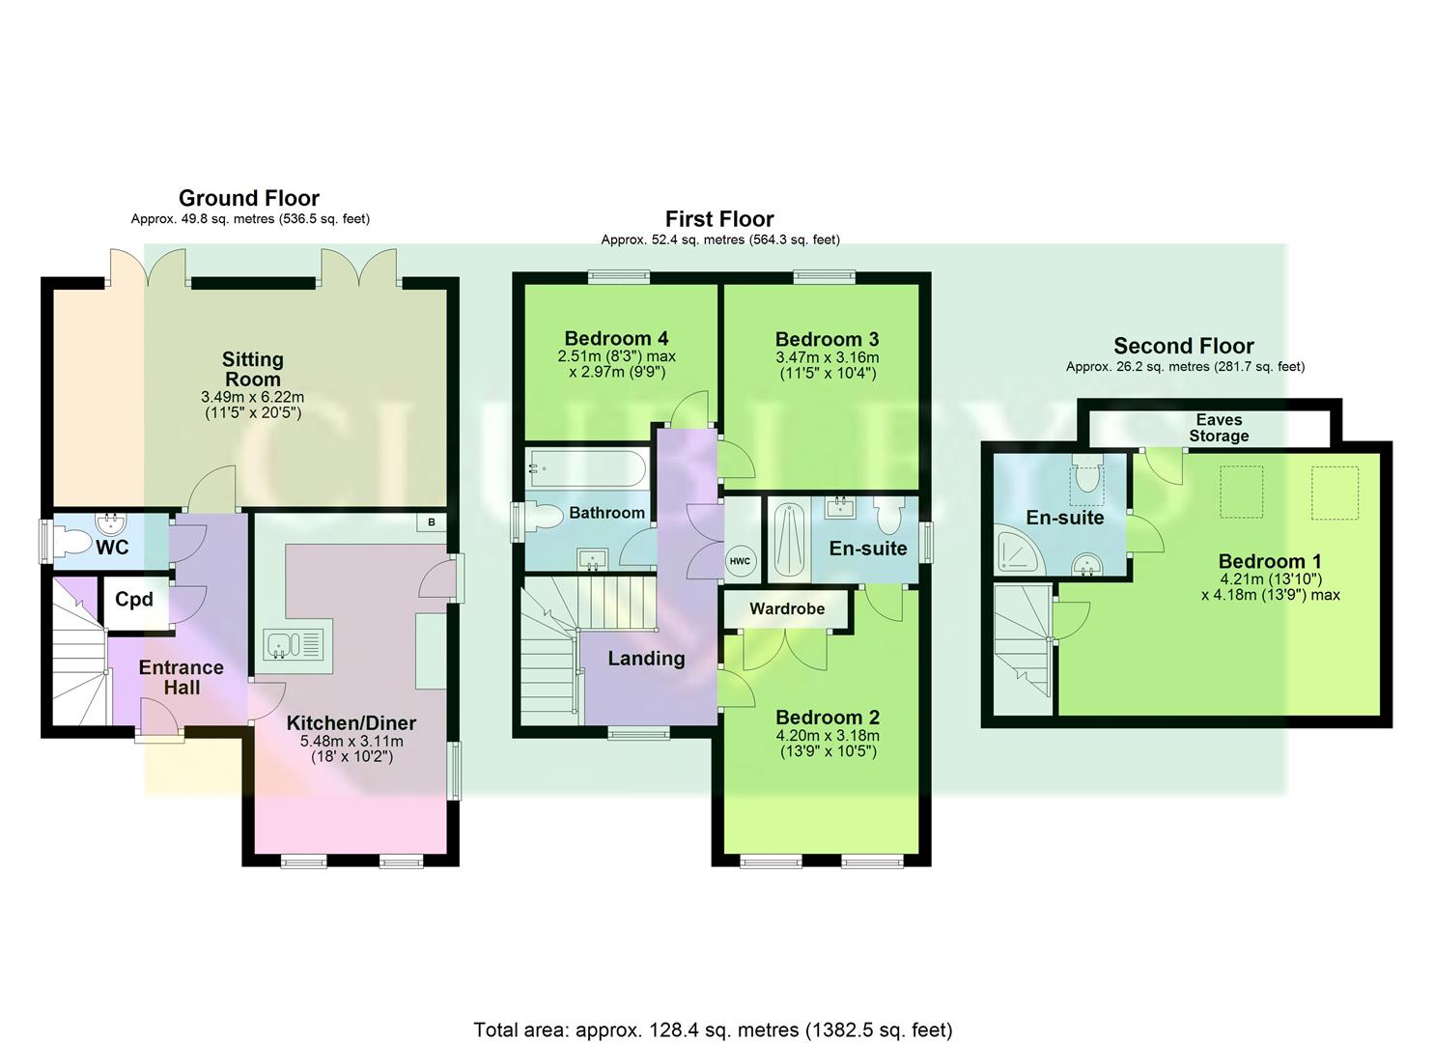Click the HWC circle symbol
point(740,561)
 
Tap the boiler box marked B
point(431,522)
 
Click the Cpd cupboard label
point(134,600)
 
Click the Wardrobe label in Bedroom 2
point(787,609)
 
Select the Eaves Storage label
point(1219,428)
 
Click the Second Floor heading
point(1183,346)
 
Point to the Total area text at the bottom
point(713,1029)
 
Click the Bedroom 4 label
point(616,338)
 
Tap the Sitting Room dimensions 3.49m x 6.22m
point(252,397)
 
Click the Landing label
point(646,659)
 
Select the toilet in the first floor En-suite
point(887,514)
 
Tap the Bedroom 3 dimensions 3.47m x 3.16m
point(828,357)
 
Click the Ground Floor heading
point(249,198)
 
